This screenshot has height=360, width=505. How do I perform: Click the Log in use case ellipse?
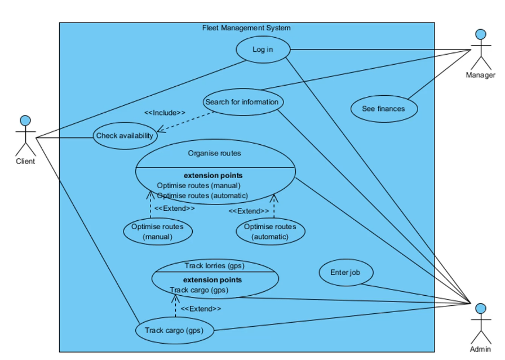point(263,50)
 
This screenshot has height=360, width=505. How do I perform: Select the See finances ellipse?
point(384,109)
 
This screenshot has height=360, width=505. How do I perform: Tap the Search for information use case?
point(242,102)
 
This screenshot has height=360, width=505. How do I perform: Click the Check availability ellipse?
point(125,136)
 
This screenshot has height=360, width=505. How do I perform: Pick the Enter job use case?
point(345,273)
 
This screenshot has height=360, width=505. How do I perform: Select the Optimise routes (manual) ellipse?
point(157,232)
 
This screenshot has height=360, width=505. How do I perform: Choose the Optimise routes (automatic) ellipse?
point(270,232)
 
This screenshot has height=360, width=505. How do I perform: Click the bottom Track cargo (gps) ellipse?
point(175,331)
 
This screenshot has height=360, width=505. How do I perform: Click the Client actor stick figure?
point(25,136)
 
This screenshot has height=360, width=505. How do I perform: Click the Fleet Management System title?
point(246,28)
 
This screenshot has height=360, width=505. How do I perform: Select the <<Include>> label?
point(165,113)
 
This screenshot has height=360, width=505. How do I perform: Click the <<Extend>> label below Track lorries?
point(201,309)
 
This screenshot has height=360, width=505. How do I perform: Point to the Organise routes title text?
point(214,153)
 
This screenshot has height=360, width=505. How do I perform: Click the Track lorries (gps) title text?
point(214,265)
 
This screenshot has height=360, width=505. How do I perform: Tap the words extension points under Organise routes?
point(213,175)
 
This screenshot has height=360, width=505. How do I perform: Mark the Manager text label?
point(480,75)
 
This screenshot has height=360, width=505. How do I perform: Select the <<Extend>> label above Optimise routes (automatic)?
point(249,211)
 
